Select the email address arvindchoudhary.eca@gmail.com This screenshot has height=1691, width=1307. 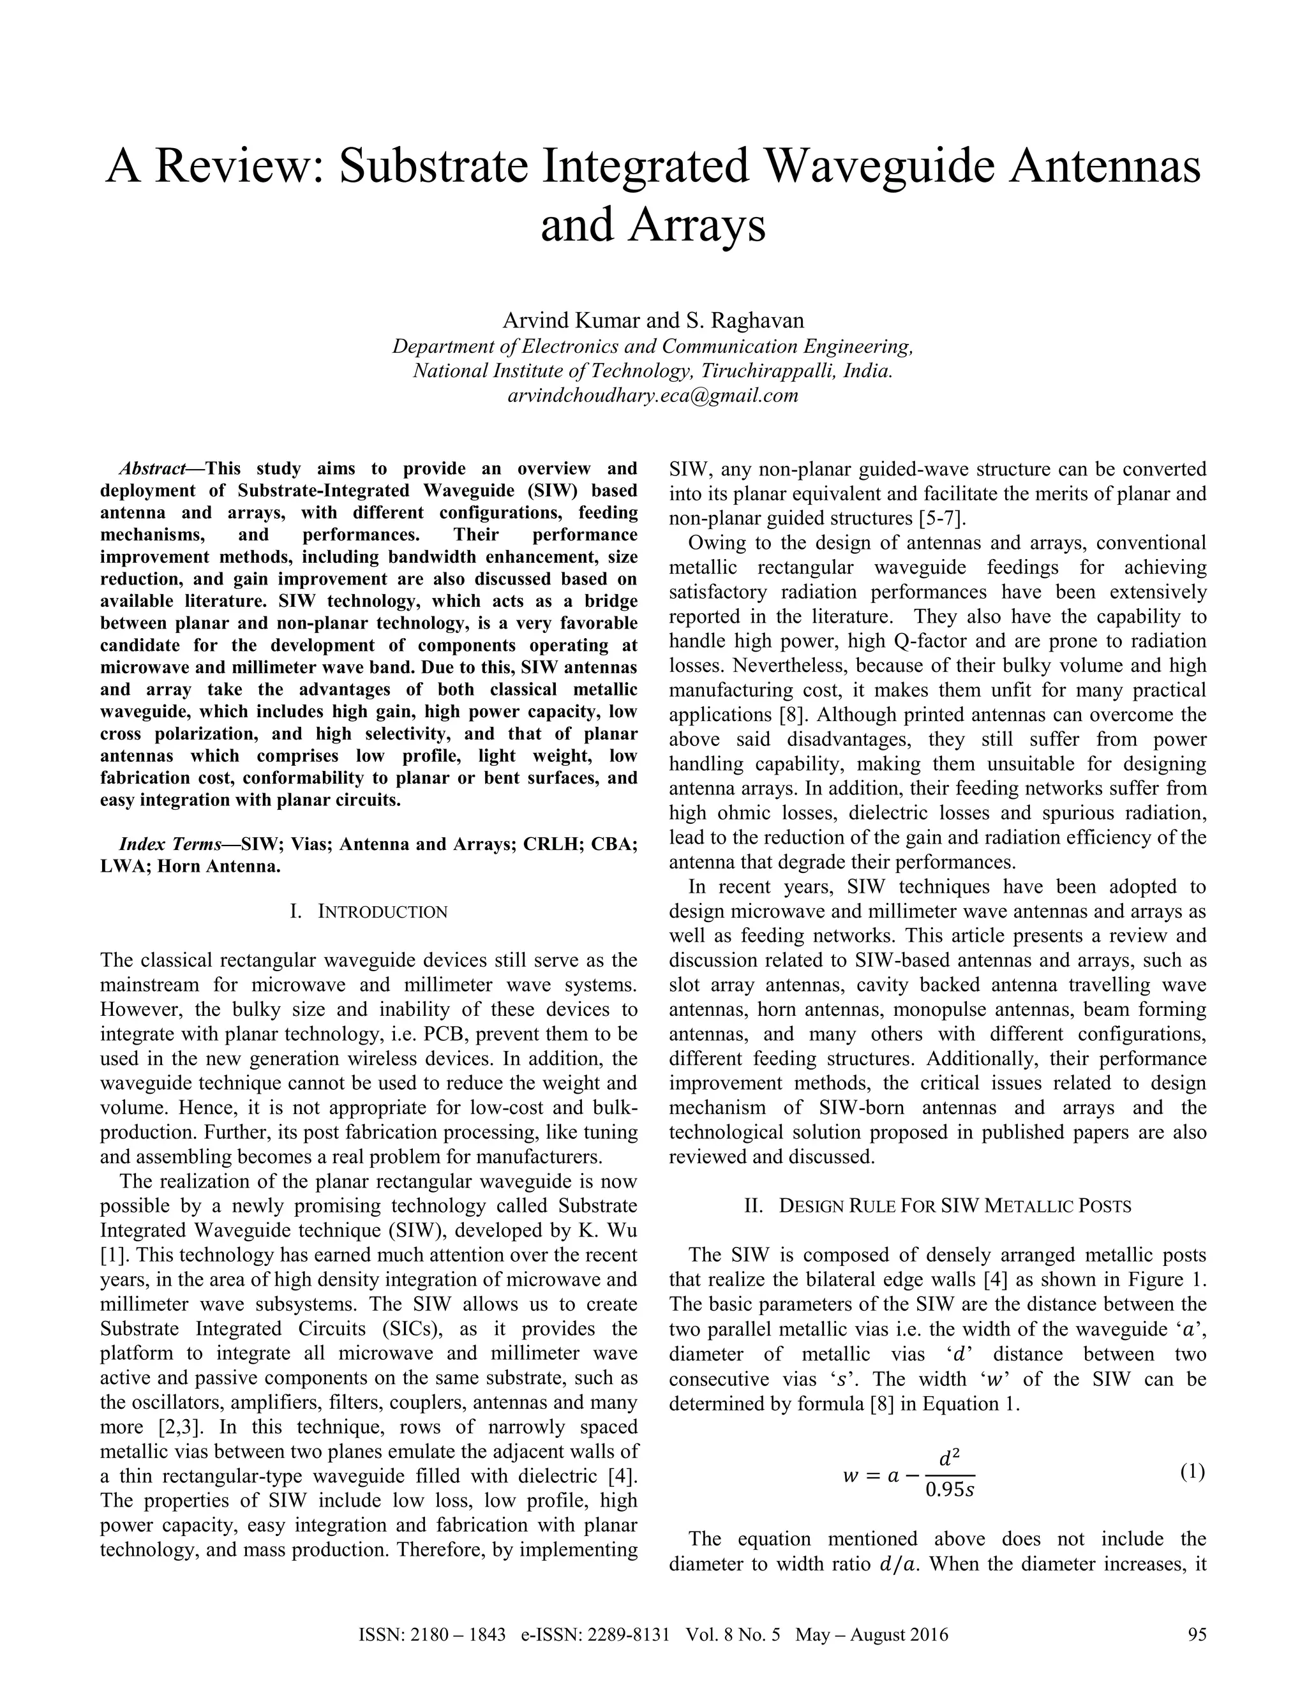[653, 396]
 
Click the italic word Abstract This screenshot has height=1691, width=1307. [152, 468]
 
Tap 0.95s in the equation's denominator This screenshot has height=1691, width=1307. [949, 1490]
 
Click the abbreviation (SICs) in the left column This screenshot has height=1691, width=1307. [411, 1329]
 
